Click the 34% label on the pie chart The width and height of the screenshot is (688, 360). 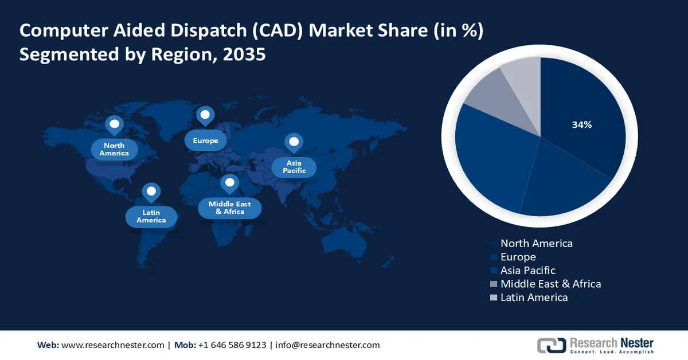click(581, 125)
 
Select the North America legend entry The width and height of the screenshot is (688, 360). click(536, 243)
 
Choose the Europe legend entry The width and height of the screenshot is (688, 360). click(518, 257)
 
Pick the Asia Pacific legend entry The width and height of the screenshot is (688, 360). click(527, 270)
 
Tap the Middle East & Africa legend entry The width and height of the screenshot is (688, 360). click(550, 284)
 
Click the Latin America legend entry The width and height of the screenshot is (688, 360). click(534, 297)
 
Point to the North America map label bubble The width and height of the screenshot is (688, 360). click(114, 150)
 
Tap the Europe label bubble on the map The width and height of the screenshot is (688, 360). click(205, 140)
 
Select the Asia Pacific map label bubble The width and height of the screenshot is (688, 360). click(294, 167)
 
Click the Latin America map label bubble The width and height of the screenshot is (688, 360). click(151, 216)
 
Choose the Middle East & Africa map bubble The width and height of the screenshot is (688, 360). click(230, 208)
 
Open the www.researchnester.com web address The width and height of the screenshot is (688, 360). click(112, 345)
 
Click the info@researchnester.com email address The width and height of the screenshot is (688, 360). click(327, 345)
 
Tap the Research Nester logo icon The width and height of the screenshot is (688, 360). click(551, 345)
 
